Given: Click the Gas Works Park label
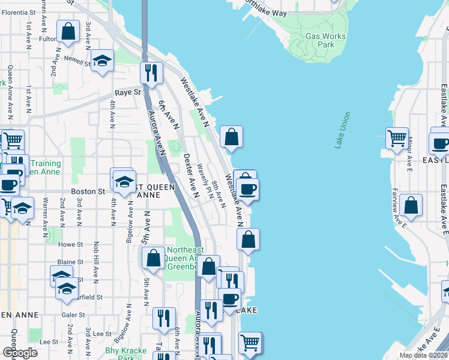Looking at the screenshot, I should tap(325, 40).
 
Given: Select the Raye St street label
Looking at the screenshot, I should tap(127, 93).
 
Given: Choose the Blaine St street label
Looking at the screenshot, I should tap(70, 262).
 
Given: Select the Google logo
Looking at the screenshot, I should tap(19, 353).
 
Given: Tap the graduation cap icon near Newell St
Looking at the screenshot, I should tap(103, 60).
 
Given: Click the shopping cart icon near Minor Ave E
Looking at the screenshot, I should tap(397, 138).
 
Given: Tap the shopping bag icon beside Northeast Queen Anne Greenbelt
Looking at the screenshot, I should tap(153, 258).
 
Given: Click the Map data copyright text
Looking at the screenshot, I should tap(423, 355).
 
